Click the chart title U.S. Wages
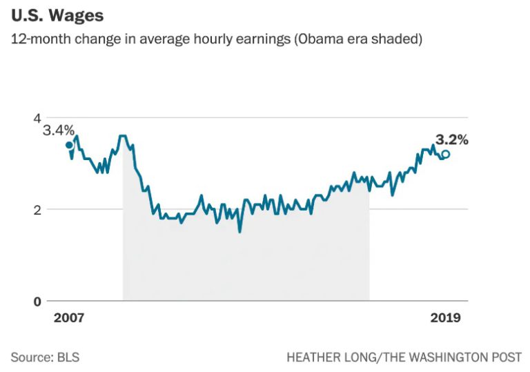(x=57, y=16)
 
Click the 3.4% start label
(x=58, y=130)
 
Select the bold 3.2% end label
(x=451, y=140)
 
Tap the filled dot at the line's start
(x=69, y=145)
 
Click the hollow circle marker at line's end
(x=446, y=155)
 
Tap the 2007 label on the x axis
(x=68, y=318)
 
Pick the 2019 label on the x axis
(x=444, y=318)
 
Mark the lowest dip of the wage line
(x=239, y=231)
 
